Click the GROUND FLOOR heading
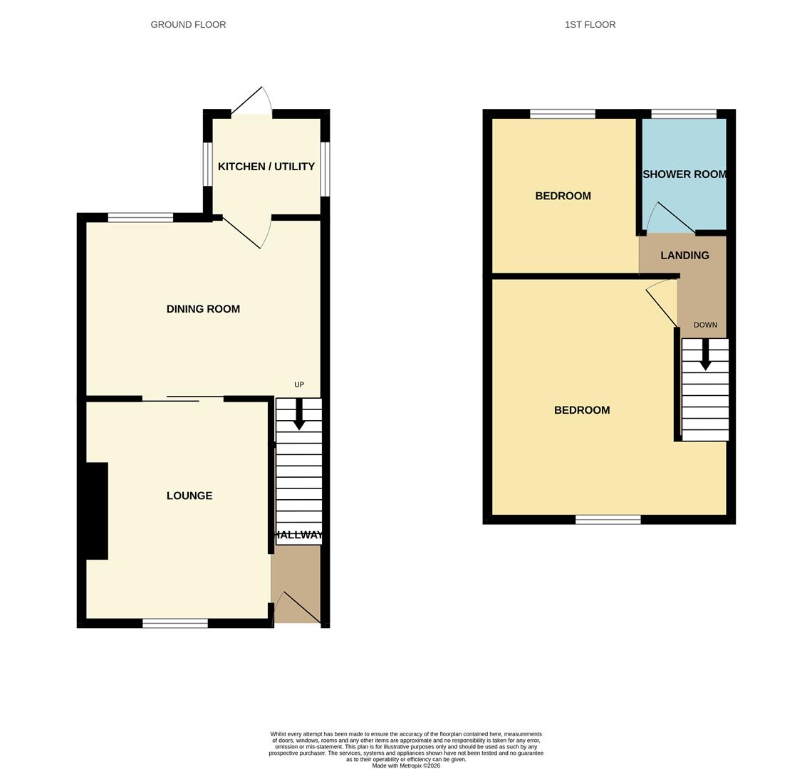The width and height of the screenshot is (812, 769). coord(188,25)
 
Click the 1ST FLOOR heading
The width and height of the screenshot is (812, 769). coord(590,25)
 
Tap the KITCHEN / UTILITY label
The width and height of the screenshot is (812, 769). coord(266,167)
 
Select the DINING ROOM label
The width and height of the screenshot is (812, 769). coord(203,309)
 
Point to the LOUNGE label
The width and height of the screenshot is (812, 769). coord(189,496)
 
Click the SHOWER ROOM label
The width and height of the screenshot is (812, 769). coord(685,174)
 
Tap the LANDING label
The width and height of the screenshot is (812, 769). coord(685,256)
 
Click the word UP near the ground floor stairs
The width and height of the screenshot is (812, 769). coord(299,384)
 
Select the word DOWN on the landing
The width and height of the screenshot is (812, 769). coord(705,325)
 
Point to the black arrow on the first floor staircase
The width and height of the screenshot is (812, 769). coord(705,355)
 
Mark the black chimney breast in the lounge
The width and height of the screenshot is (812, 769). coord(97,511)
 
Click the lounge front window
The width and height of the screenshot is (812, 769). coord(175,623)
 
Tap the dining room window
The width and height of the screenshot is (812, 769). coord(140,217)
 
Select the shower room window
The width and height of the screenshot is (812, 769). coord(684,114)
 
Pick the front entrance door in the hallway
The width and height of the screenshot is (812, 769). coord(298,609)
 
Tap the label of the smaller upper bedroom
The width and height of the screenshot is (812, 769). coord(563,196)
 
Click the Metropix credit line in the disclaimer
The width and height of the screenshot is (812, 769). coord(406,765)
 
